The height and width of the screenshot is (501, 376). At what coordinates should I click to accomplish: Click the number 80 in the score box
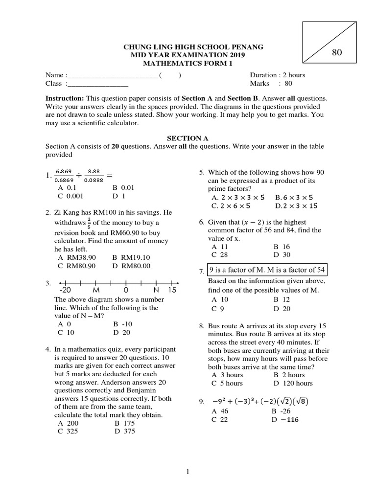(337, 53)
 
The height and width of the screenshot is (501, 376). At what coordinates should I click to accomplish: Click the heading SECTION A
(188, 138)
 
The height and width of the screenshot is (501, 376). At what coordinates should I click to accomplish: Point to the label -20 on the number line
(66, 290)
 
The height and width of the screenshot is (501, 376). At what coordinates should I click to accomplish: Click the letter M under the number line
(96, 290)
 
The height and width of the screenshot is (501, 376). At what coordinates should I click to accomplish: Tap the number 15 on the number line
(171, 290)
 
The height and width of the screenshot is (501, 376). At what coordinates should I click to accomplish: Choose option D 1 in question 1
(119, 196)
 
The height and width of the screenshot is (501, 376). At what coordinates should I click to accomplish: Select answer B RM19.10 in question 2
(131, 257)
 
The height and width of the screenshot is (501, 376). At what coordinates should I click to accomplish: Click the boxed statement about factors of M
(267, 270)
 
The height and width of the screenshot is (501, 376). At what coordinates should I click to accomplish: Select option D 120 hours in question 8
(293, 383)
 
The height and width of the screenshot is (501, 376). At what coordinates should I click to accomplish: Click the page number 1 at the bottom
(188, 472)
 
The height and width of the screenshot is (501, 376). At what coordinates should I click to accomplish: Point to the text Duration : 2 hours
(277, 75)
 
